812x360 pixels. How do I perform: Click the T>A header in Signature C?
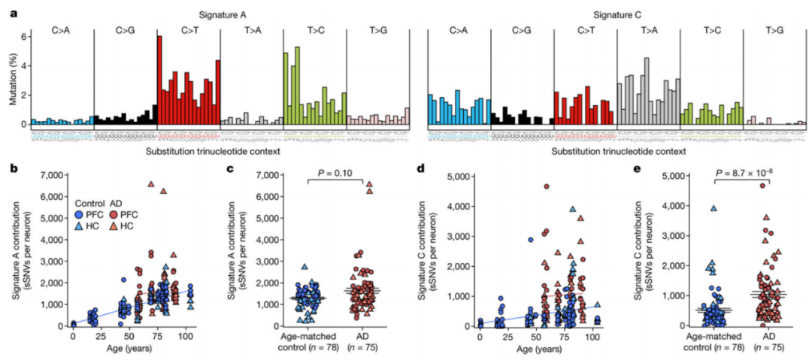pyautogui.click(x=648, y=30)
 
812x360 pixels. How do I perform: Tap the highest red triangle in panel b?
pyautogui.click(x=150, y=184)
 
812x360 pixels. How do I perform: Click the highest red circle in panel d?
pyautogui.click(x=546, y=187)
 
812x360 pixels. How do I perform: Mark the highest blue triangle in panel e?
pyautogui.click(x=713, y=209)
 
